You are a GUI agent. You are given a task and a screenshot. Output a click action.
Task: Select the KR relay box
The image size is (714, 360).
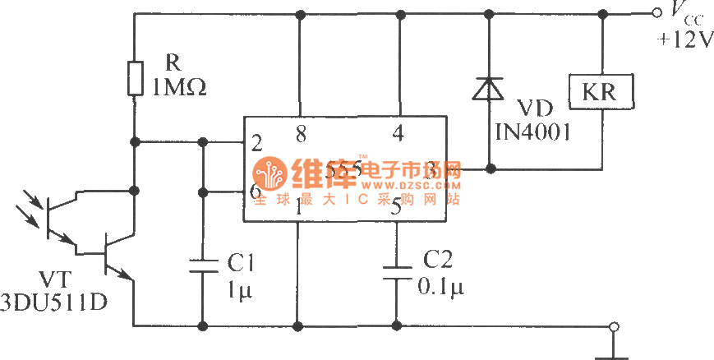pyautogui.click(x=601, y=92)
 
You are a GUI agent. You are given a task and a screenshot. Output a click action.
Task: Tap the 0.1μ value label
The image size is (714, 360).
pyautogui.click(x=441, y=288)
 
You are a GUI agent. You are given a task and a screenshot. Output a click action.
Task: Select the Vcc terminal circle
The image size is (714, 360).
pyautogui.click(x=656, y=13)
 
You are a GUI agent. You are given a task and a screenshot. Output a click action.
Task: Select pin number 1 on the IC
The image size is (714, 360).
pyautogui.click(x=297, y=210)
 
